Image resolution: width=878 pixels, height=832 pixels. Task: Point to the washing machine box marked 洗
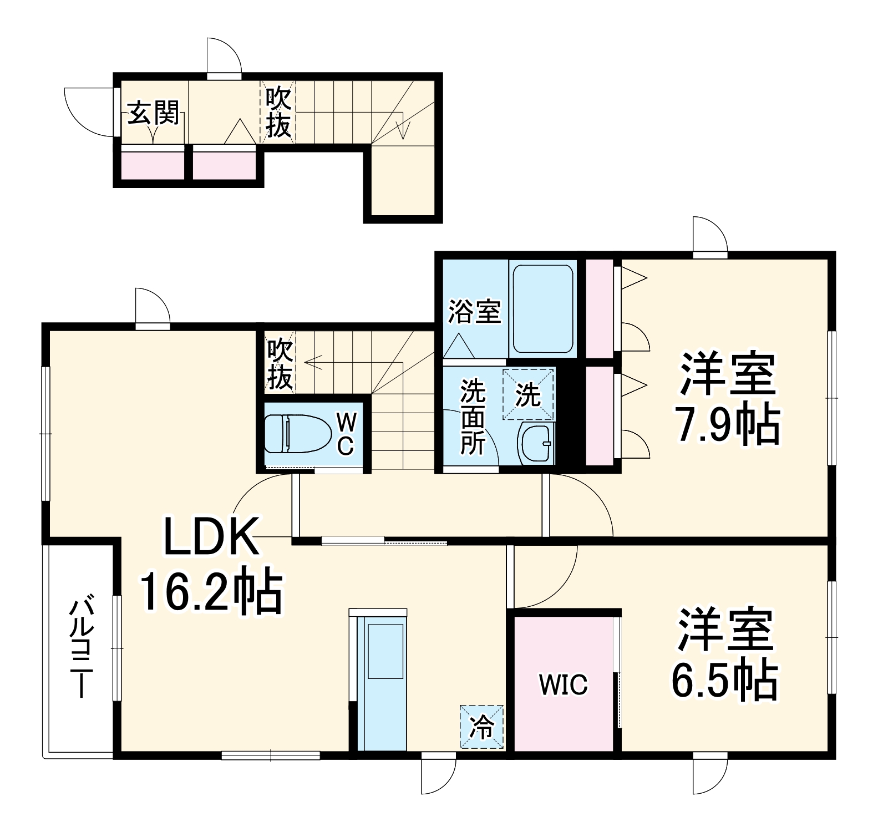(x=528, y=394)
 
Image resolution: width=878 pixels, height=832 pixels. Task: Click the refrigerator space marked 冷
(x=481, y=727)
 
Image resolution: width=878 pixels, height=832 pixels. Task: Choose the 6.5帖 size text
(x=724, y=680)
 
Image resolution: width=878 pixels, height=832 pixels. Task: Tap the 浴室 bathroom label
(x=475, y=311)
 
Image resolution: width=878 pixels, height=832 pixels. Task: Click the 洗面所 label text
(x=473, y=417)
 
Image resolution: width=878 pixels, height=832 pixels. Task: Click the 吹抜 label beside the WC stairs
(x=280, y=365)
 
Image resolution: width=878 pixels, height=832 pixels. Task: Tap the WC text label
(x=346, y=434)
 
